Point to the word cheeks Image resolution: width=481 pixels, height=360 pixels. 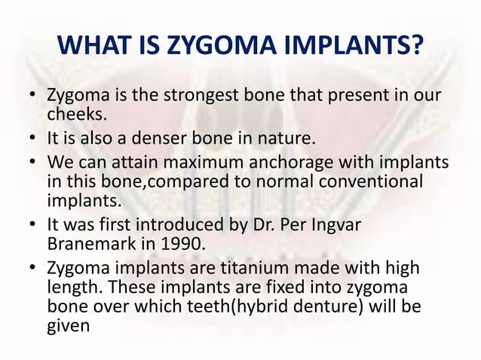click(x=74, y=114)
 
